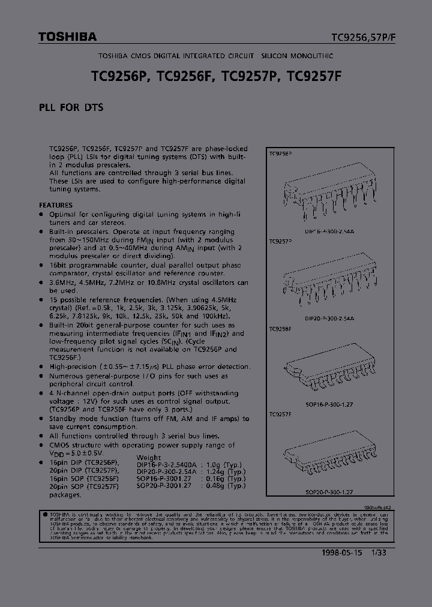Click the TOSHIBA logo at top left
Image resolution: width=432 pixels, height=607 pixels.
67,37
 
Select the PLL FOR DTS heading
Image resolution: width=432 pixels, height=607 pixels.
71,108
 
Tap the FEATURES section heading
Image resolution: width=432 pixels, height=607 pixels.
56,205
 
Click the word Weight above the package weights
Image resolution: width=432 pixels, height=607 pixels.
149,458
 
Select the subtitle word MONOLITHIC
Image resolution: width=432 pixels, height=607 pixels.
313,55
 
